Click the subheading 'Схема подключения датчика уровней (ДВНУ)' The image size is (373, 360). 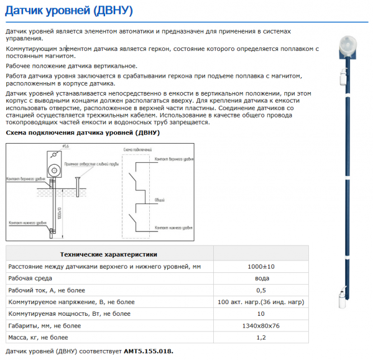83,133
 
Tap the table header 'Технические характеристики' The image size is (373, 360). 108,254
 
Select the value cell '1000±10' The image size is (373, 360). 262,267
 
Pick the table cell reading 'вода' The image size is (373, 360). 262,279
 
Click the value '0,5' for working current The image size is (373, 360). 262,290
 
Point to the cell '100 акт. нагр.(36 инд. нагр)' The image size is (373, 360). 262,302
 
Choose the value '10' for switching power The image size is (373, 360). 262,313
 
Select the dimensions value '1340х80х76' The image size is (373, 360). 262,326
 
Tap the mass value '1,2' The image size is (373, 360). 262,338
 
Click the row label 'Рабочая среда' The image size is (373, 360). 30,279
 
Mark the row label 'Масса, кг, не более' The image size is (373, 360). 39,338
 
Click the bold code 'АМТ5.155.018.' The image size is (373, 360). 149,351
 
